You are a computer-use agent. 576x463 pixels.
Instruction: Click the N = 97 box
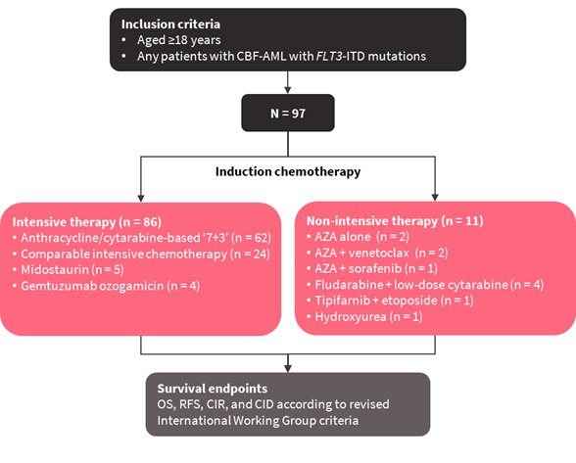click(x=288, y=113)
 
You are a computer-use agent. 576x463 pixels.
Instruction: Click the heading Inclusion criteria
click(x=170, y=24)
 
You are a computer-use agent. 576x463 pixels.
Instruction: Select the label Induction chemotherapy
click(x=288, y=172)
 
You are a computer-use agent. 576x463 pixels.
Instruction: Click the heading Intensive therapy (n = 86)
click(x=87, y=222)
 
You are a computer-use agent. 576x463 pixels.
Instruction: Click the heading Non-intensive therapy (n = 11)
click(x=395, y=221)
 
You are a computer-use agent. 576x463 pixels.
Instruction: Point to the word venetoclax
click(x=378, y=253)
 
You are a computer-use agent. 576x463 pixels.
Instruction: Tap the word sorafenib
click(x=375, y=269)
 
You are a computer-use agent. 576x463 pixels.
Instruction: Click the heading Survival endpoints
click(x=213, y=389)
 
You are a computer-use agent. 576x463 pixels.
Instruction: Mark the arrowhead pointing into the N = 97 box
click(x=288, y=90)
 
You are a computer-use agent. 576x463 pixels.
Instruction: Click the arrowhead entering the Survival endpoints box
click(x=288, y=368)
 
